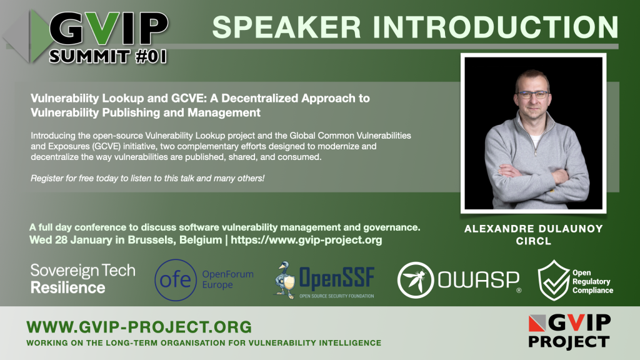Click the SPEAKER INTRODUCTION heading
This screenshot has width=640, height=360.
pos(415,27)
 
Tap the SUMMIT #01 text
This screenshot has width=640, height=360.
pos(108,56)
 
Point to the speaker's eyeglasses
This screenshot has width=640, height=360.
pos(534,95)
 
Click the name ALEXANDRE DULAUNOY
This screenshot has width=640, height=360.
pos(534,229)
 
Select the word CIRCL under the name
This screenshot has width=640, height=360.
pos(534,241)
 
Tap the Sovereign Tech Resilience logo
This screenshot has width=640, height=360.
pos(83,279)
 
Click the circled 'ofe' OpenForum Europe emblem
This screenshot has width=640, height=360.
pos(176,280)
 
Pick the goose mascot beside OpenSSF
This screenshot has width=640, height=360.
pos(285,280)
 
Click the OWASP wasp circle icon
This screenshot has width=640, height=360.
pos(416,280)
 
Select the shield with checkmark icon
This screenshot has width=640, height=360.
pos(554,281)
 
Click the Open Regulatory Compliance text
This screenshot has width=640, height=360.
pos(592,281)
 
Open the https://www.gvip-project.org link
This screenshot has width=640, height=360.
pos(306,239)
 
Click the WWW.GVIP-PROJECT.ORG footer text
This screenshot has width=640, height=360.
pos(139,327)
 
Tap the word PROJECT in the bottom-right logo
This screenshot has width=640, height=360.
pos(569,342)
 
